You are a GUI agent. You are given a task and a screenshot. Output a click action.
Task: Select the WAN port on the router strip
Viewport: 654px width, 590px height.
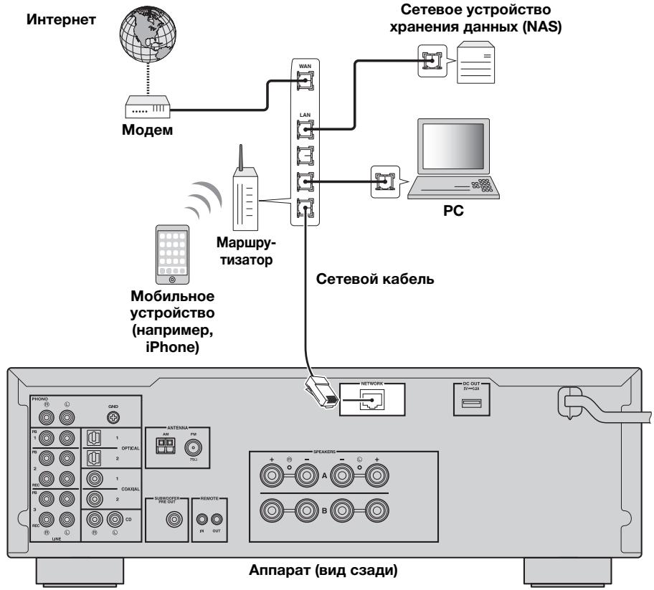303,85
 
